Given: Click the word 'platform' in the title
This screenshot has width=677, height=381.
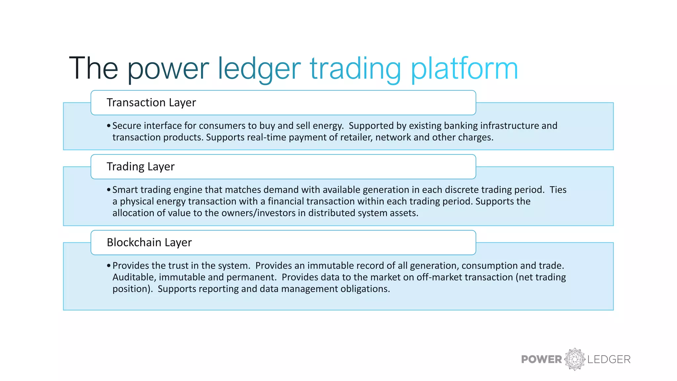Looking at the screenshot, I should point(464,69).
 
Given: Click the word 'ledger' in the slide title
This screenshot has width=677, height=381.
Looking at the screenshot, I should point(259,69).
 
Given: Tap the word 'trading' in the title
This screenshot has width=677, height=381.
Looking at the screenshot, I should point(355,69).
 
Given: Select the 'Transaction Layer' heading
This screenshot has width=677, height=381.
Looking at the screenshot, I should point(151,103).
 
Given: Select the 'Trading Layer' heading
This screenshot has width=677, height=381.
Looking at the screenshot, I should point(140,166).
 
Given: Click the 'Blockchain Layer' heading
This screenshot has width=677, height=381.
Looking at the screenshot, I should point(149,242).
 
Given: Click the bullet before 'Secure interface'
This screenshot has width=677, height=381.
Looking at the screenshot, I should point(108,126).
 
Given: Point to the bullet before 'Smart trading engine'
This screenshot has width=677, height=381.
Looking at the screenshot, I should point(108,190).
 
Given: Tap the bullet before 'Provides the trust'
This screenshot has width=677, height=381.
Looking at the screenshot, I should point(108,266).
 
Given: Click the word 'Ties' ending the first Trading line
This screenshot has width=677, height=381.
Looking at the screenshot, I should point(558,190).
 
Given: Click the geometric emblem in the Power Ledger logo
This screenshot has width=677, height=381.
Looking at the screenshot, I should point(575,359).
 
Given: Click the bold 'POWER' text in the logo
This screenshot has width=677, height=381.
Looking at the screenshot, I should point(541,360).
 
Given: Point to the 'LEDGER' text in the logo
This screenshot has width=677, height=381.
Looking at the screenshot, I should point(609,360).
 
